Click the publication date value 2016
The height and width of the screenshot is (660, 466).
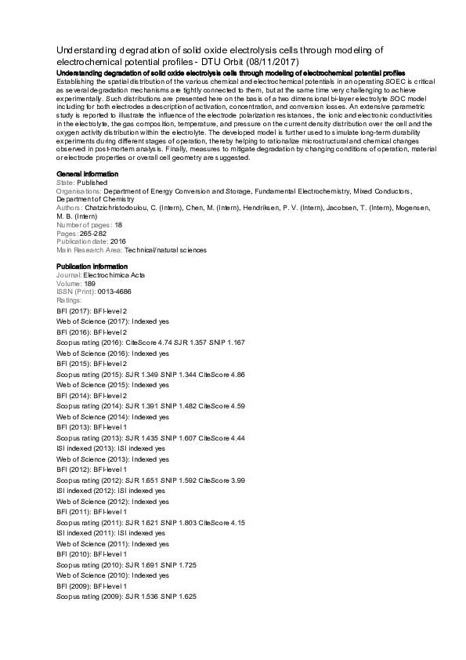click(117, 242)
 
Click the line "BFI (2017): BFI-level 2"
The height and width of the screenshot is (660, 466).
click(92, 312)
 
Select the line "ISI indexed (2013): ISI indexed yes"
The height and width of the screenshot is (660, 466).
click(111, 448)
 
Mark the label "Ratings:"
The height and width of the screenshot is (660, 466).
click(70, 301)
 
